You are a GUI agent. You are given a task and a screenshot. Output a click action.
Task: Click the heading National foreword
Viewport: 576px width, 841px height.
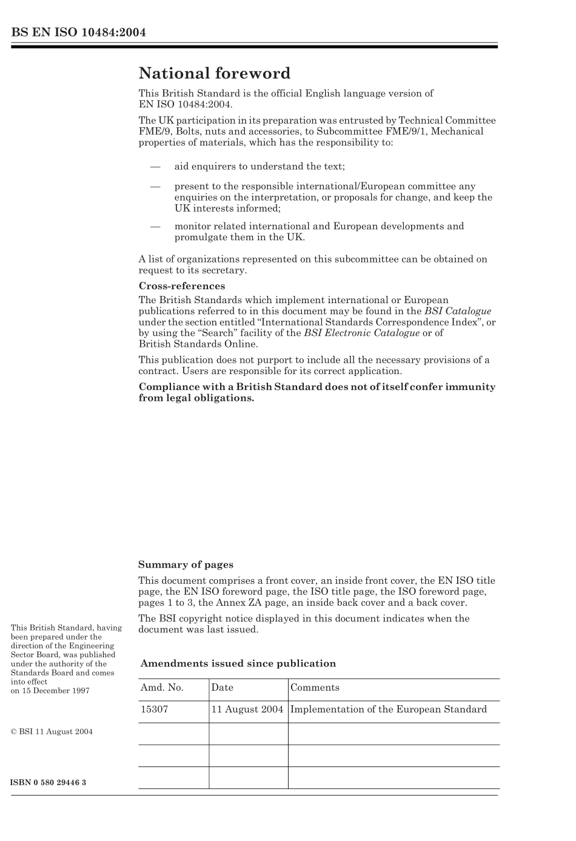(x=215, y=73)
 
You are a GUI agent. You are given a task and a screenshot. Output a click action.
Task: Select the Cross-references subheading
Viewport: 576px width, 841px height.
(x=181, y=286)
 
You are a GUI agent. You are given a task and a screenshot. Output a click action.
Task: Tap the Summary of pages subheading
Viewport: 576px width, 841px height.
(x=186, y=565)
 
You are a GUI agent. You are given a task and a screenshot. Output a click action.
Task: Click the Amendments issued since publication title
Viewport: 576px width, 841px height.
(x=238, y=663)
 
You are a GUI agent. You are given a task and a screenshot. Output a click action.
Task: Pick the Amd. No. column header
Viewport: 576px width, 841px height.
(x=162, y=688)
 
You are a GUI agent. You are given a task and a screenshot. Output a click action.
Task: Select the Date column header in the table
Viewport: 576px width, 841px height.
(x=222, y=688)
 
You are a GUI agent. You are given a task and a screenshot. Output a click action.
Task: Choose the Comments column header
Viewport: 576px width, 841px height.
(x=315, y=688)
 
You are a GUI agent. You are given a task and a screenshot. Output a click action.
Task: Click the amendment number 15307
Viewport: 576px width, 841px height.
(x=154, y=709)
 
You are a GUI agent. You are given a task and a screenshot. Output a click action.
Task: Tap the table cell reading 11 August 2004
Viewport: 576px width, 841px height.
(x=247, y=709)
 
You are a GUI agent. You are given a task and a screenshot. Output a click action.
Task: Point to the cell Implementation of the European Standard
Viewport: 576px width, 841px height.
(x=389, y=709)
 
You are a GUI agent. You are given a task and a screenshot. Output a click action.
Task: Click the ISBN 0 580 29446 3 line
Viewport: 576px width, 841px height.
(x=49, y=782)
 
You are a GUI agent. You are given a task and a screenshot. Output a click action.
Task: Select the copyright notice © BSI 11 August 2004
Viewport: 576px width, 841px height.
(x=52, y=732)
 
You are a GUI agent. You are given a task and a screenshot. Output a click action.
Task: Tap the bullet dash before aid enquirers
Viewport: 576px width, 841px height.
(x=155, y=166)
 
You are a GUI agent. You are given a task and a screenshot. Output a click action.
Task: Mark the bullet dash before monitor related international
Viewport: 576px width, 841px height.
(x=155, y=226)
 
